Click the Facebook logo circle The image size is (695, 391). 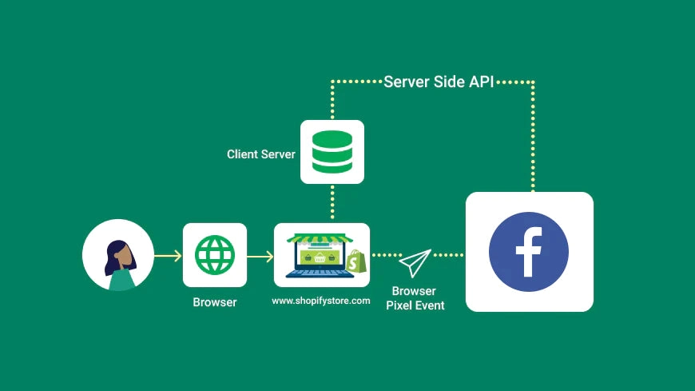pyautogui.click(x=529, y=252)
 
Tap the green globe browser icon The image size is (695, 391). pyautogui.click(x=215, y=255)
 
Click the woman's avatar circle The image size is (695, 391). pyautogui.click(x=118, y=255)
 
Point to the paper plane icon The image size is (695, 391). pyautogui.click(x=415, y=261)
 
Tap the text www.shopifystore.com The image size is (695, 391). pyautogui.click(x=321, y=301)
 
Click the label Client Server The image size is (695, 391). pyautogui.click(x=260, y=154)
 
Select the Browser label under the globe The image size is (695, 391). pyautogui.click(x=215, y=303)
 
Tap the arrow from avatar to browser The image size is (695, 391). pyautogui.click(x=168, y=256)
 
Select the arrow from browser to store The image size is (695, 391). pyautogui.click(x=260, y=256)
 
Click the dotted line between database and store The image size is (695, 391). pyautogui.click(x=332, y=204)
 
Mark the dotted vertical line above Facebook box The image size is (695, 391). pyautogui.click(x=533, y=136)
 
